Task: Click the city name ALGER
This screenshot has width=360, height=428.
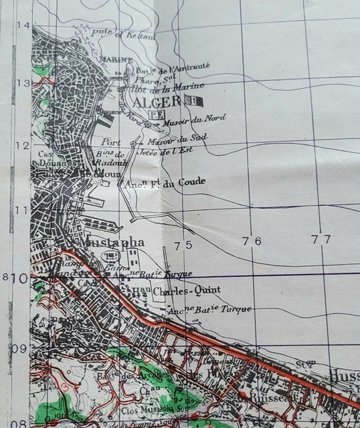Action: [x=157, y=102]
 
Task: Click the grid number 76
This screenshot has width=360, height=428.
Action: [x=252, y=241]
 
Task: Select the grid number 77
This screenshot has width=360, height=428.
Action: [x=321, y=239]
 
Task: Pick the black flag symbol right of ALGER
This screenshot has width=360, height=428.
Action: [x=195, y=102]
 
